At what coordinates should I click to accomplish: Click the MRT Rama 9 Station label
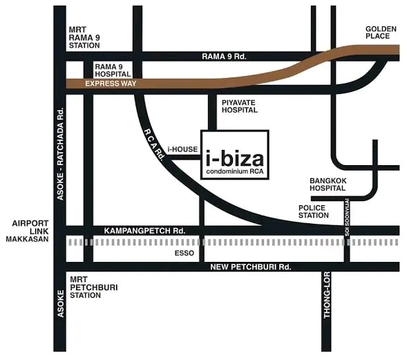tap(84, 37)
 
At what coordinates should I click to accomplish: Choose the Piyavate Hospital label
tap(240, 106)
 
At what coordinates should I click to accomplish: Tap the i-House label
tap(182, 149)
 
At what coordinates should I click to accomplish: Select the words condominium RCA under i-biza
tap(235, 170)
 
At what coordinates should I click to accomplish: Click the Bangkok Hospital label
tap(327, 184)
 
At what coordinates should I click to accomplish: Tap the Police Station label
tap(313, 211)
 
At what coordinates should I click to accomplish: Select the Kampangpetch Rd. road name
tap(145, 229)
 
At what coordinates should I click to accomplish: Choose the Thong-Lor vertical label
tap(328, 296)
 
